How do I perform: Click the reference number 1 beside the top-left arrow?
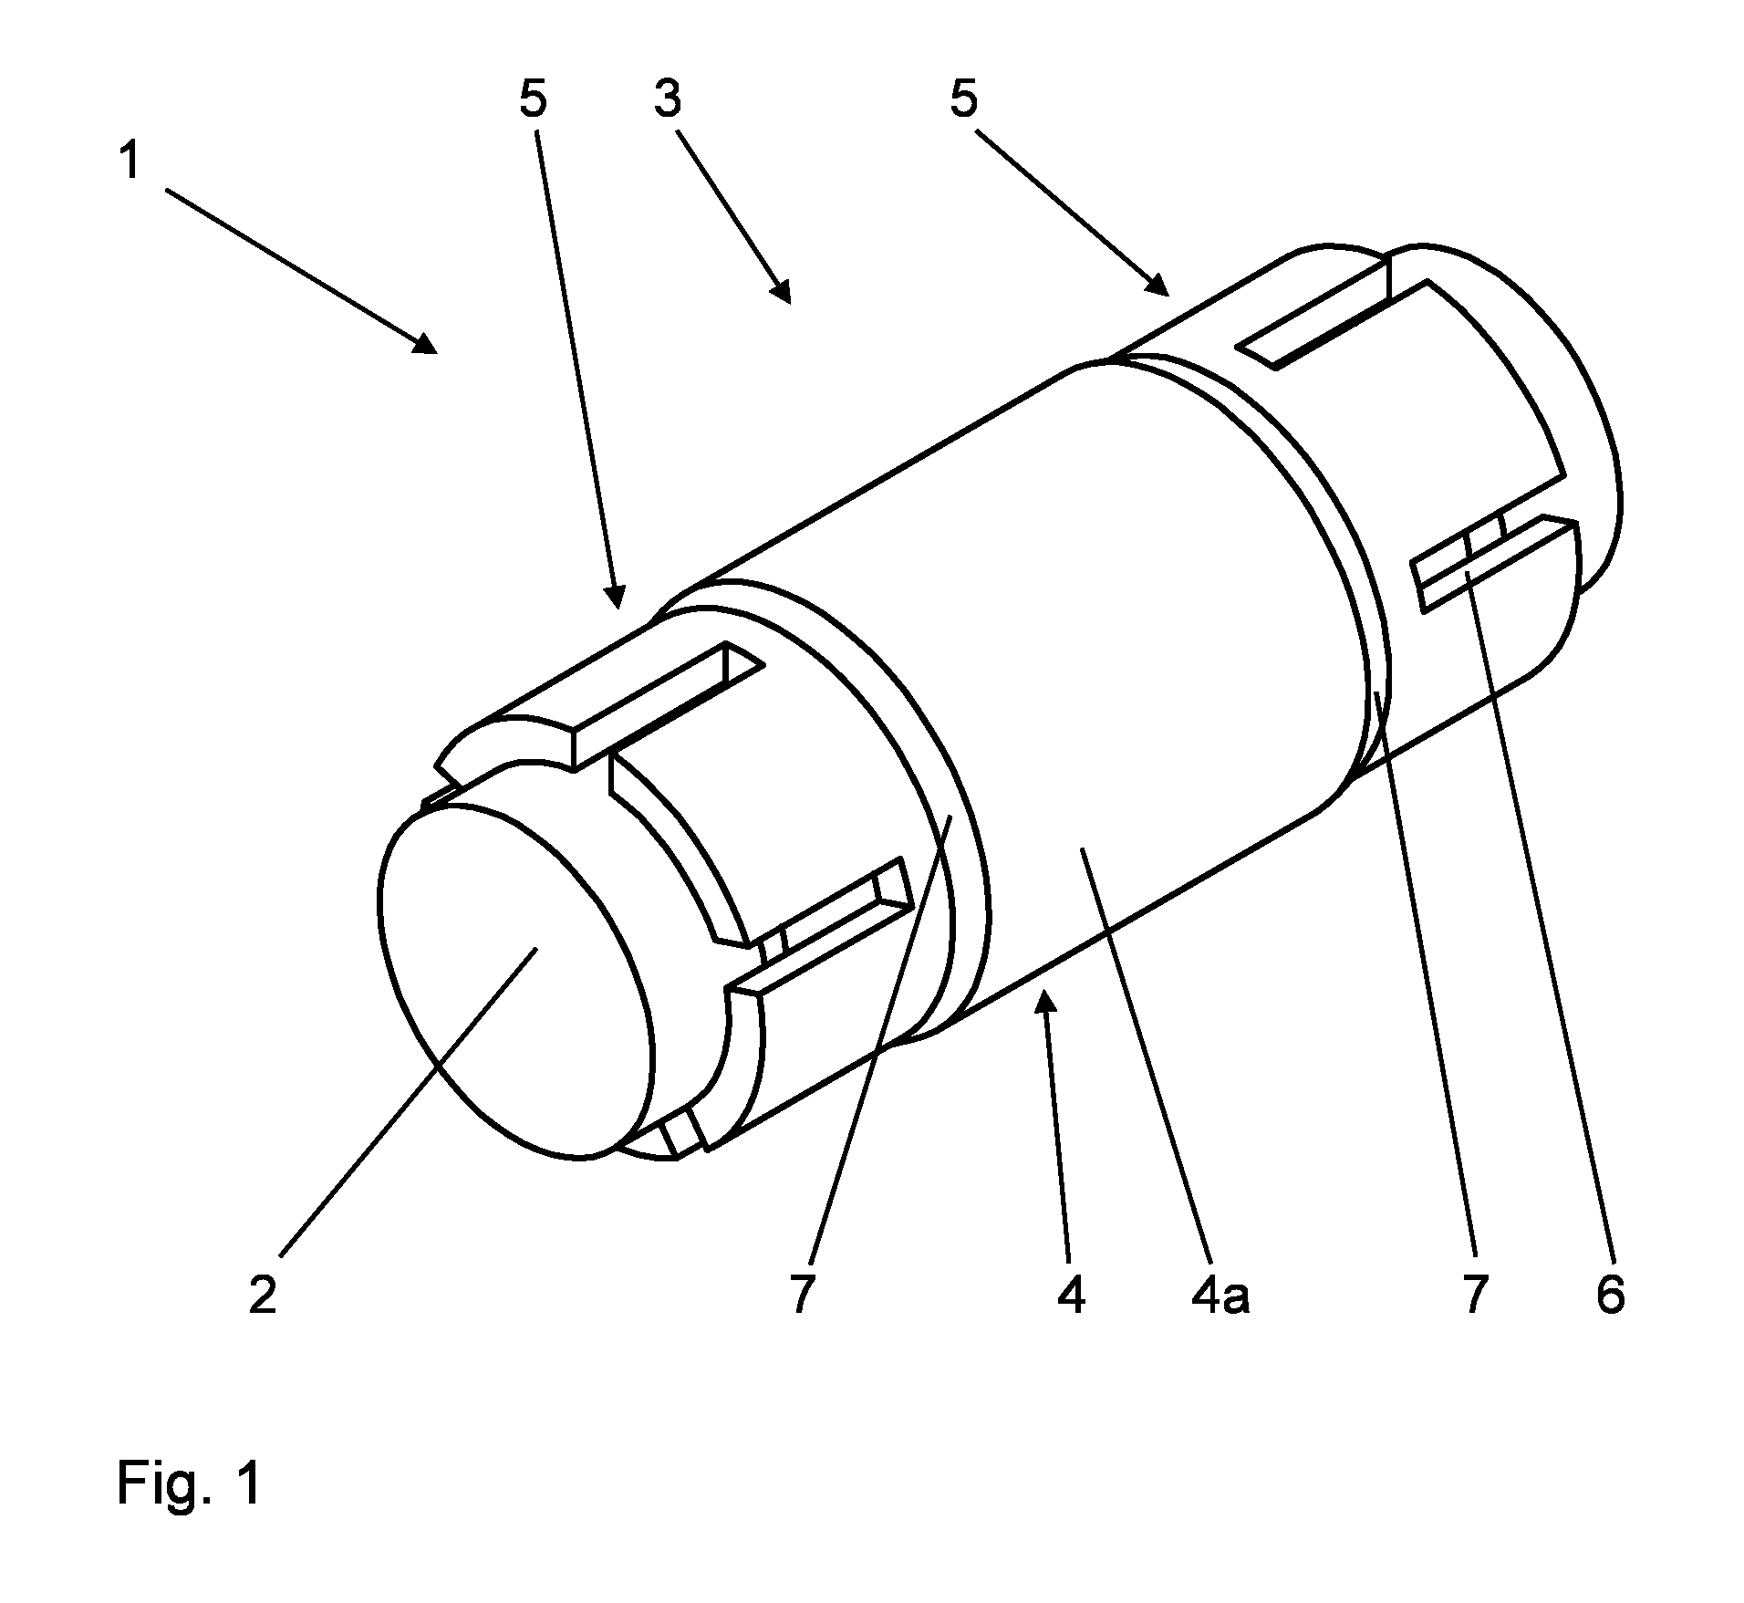[x=130, y=161]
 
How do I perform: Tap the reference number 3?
[x=667, y=99]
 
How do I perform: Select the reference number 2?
[x=263, y=1295]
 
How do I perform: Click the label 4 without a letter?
[x=1071, y=1295]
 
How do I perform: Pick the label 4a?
[x=1220, y=1295]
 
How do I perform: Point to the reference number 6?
[x=1611, y=1295]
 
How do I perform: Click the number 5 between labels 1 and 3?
[x=533, y=99]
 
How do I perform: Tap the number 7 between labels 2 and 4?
[x=801, y=1295]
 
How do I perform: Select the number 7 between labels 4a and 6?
[x=1475, y=1295]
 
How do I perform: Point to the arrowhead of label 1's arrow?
[x=427, y=344]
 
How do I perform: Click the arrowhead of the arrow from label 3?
[x=781, y=291]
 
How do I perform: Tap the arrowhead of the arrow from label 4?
[x=1048, y=1003]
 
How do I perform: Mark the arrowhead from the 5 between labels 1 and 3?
[x=617, y=596]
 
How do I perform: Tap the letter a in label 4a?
[x=1236, y=1299]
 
